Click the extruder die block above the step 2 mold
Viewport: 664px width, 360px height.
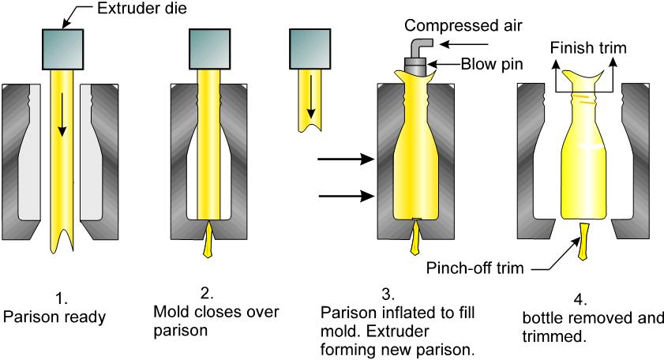[x=209, y=48]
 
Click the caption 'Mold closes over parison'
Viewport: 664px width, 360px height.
[x=210, y=320]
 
